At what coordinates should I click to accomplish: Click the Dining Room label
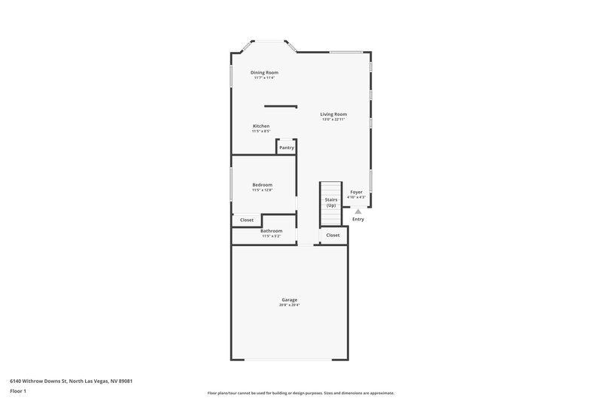pos(264,72)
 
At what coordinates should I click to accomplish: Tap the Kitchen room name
pos(261,126)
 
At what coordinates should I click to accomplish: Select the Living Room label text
pos(333,114)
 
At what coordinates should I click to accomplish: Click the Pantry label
pos(287,147)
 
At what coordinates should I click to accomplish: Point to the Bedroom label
pos(262,184)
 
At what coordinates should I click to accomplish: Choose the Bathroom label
pos(272,230)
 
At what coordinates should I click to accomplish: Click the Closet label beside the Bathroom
pos(247,220)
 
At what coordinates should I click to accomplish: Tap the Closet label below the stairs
pos(333,235)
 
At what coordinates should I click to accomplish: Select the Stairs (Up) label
pos(331,202)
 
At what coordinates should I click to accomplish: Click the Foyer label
pos(357,192)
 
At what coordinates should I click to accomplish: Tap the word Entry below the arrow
pos(358,219)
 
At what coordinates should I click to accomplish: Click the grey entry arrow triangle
pos(358,211)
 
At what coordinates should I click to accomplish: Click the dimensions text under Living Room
pos(333,120)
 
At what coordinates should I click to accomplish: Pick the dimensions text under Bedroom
pos(262,190)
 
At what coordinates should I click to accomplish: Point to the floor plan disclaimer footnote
pos(300,393)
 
